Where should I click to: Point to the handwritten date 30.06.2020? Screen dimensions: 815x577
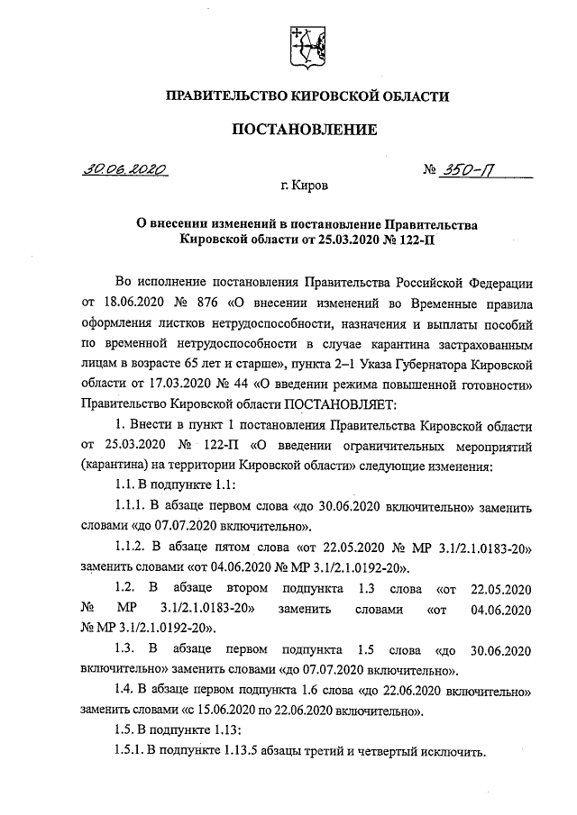124,168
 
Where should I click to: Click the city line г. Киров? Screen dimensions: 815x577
305,186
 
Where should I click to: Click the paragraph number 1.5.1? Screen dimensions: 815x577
131,752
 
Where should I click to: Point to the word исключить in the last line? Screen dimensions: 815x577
453,752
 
